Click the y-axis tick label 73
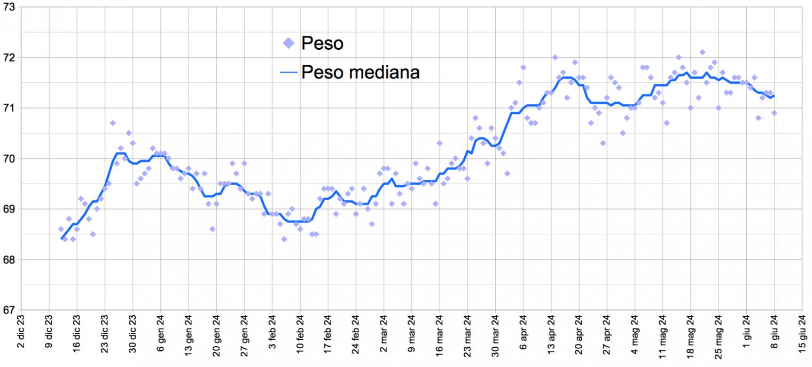click(9, 7)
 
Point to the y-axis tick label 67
click(9, 310)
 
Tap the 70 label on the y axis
click(9, 158)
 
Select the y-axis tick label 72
click(9, 57)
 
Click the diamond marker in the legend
click(289, 43)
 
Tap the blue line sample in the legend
click(289, 72)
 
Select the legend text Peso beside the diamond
click(322, 43)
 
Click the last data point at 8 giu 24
click(774, 113)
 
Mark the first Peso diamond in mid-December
click(61, 229)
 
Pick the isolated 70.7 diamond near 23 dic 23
click(113, 123)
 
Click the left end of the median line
click(62, 239)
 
